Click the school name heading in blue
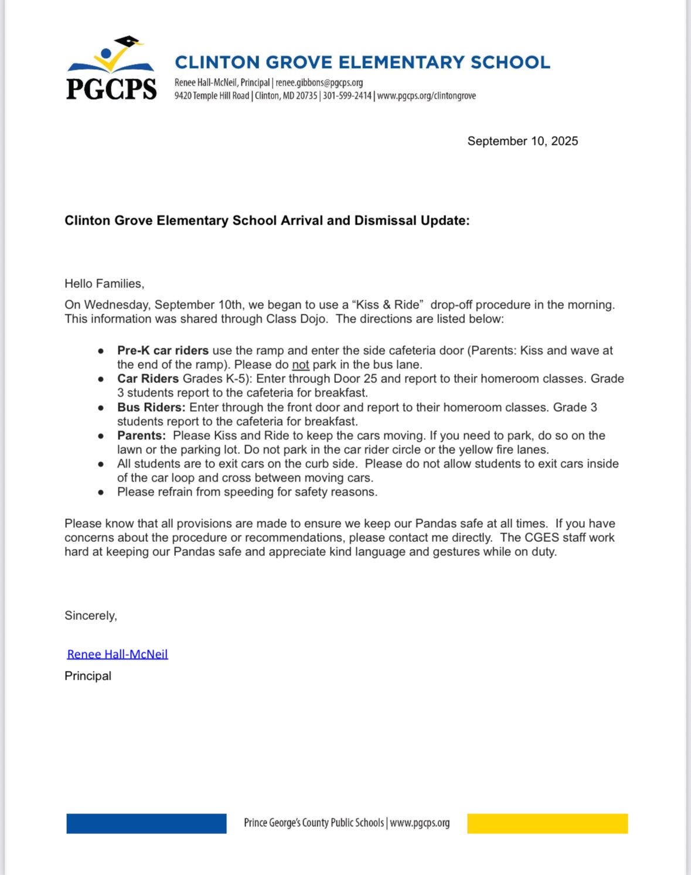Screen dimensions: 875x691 point(362,62)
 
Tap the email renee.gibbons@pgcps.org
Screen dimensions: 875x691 point(319,83)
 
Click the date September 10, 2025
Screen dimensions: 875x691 point(522,141)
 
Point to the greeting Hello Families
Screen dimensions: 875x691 point(104,284)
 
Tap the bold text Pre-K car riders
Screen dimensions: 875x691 point(162,351)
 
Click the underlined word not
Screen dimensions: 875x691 point(300,365)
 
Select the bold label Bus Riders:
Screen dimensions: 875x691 point(151,408)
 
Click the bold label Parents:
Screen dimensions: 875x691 point(141,436)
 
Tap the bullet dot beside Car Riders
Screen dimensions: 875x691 point(101,379)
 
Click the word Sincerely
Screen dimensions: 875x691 point(90,616)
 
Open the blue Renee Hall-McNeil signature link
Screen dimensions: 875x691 point(117,654)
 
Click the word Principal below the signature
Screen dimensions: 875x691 point(88,676)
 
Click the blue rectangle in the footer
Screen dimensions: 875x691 point(146,823)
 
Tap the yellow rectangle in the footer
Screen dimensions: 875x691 point(547,823)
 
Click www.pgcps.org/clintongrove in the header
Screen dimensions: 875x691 point(426,96)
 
